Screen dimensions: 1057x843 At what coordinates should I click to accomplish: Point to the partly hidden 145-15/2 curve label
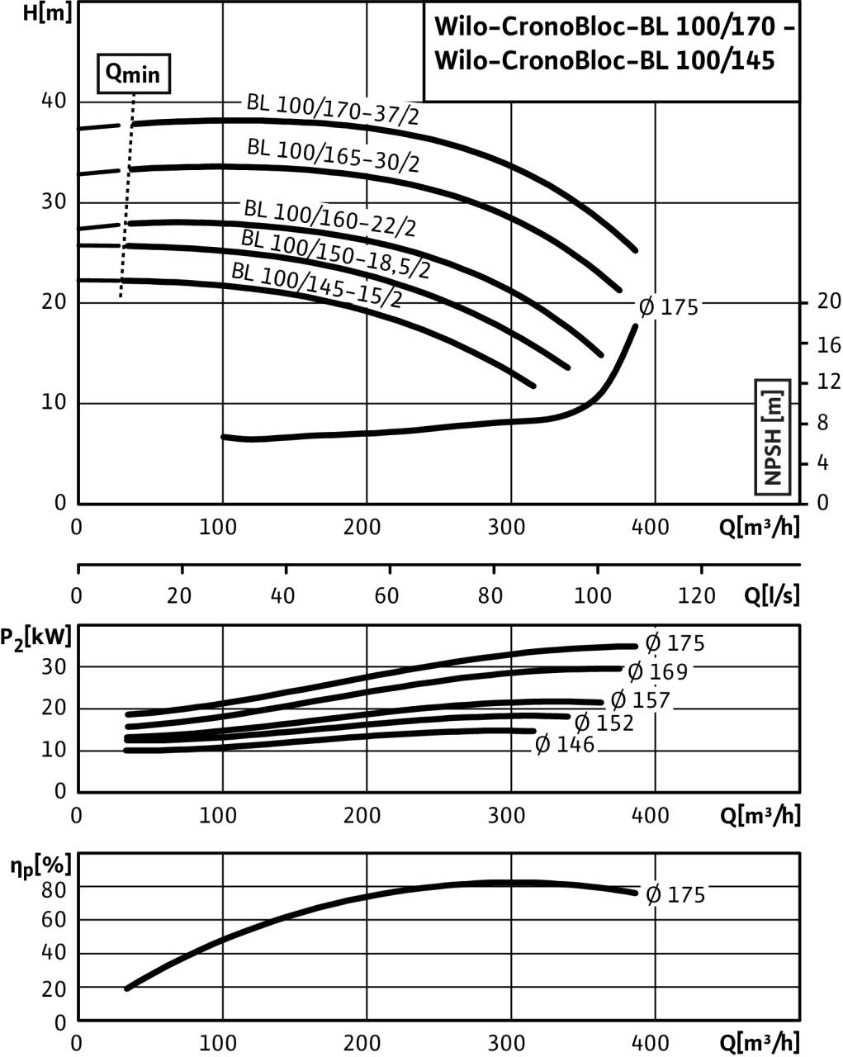pos(339,288)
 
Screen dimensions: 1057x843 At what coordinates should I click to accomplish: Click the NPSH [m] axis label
pos(773,438)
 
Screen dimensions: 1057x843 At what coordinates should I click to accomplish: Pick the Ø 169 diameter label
pos(658,672)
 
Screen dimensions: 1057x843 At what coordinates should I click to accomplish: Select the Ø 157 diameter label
pos(640,701)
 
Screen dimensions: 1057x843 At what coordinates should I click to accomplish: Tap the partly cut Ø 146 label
pos(564,747)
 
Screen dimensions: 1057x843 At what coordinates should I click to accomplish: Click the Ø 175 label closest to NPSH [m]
pos(668,307)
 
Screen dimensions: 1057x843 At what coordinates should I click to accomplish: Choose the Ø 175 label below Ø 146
pos(675,895)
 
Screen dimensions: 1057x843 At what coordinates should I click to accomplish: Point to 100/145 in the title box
pos(726,61)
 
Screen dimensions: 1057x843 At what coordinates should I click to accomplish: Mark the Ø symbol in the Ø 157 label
pos(618,701)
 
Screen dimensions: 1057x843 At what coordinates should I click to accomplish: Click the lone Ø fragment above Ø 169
pos(655,641)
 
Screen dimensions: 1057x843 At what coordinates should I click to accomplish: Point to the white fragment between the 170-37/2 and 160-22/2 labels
pos(367,159)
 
